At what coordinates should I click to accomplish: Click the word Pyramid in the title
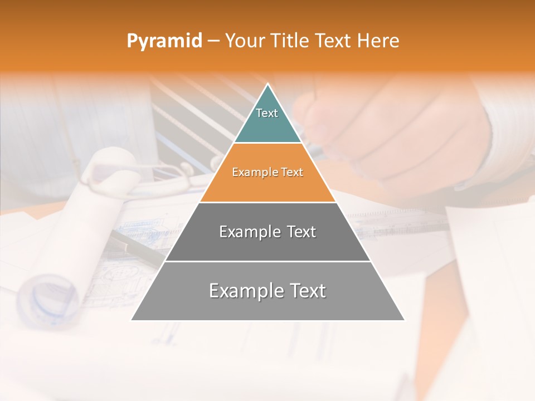[x=164, y=41]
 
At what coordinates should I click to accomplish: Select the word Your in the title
[x=245, y=41]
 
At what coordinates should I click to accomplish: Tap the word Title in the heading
[x=290, y=41]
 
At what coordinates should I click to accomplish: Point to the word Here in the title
[x=378, y=41]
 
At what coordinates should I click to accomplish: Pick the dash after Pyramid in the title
[x=213, y=41]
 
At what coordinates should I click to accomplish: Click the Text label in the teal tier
[x=267, y=113]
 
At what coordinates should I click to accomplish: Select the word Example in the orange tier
[x=253, y=173]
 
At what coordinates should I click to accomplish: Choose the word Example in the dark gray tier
[x=246, y=232]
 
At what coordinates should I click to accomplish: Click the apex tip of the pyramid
[x=268, y=85]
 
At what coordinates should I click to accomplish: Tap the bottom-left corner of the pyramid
[x=132, y=320]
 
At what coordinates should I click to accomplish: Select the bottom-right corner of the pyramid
[x=404, y=320]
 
